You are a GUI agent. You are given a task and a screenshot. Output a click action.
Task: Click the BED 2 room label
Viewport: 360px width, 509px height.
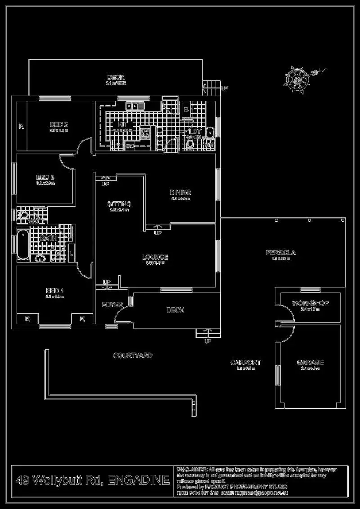[x=58, y=125]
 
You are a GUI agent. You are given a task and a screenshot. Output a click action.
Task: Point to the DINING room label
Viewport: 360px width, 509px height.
[x=180, y=192]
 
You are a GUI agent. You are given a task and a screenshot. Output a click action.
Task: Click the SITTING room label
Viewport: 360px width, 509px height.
[x=119, y=204]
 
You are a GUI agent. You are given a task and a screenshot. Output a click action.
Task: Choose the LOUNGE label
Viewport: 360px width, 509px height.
[x=155, y=257]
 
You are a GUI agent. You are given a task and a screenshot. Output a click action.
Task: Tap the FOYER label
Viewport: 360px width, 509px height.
[x=112, y=305]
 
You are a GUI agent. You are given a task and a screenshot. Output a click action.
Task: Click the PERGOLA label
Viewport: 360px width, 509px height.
[x=281, y=253]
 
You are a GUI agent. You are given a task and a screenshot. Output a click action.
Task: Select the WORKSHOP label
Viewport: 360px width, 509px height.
[x=310, y=303]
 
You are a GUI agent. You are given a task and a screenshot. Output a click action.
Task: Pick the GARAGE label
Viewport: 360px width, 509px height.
[x=310, y=362]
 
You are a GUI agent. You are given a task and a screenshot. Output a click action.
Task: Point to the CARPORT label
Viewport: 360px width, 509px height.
[x=246, y=362]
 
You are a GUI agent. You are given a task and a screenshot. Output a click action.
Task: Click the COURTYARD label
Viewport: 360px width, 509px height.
[x=133, y=356]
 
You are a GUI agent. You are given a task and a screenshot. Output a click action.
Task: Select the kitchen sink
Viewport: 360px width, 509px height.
[x=135, y=106]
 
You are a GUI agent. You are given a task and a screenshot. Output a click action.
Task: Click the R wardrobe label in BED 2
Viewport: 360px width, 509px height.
[x=21, y=126]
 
